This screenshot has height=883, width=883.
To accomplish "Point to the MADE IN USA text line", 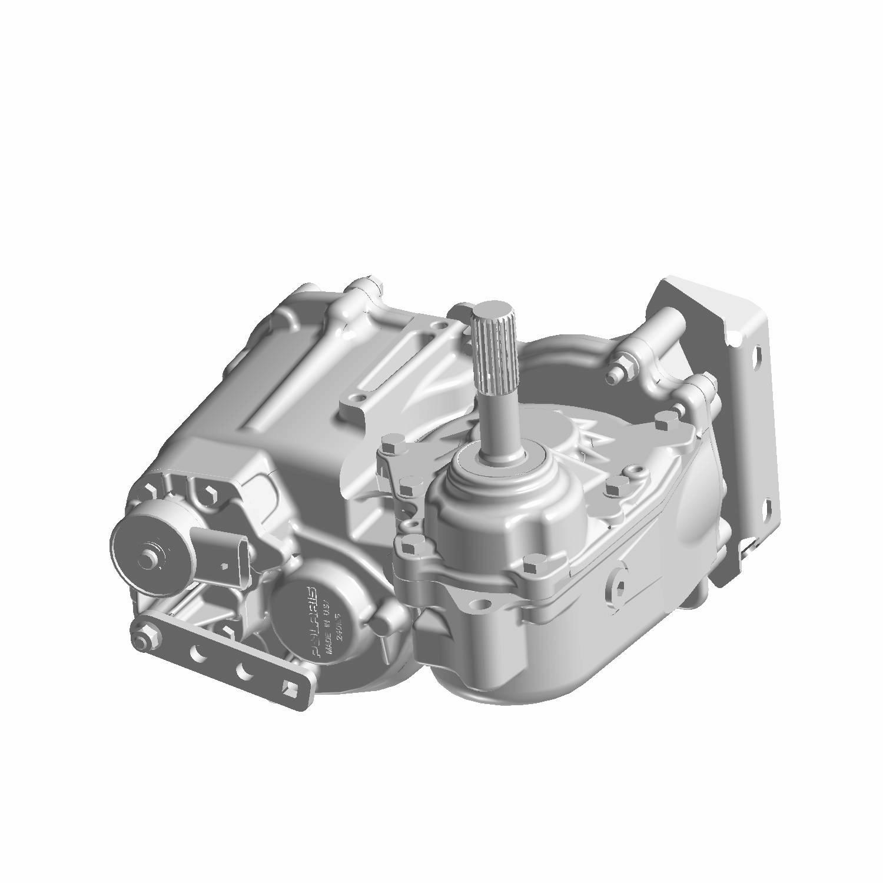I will tap(323, 627).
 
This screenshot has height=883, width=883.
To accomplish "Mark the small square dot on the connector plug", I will tap(224, 567).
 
